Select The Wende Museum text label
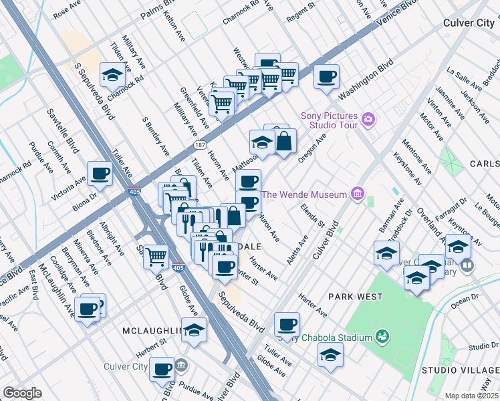(304, 194)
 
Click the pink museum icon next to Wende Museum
(358, 194)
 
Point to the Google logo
(22, 393)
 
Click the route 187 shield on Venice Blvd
(200, 144)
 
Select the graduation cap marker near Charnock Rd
(112, 76)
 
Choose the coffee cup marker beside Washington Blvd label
(326, 77)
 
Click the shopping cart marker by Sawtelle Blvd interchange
(156, 255)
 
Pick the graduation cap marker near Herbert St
(194, 330)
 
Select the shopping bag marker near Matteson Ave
(284, 142)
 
